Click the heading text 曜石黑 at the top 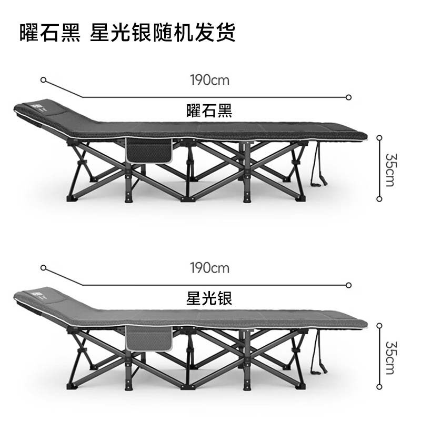[50, 33]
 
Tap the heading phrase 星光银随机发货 [163, 33]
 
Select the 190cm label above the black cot [209, 80]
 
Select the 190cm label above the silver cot [209, 268]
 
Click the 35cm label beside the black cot [390, 170]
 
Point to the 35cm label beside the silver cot [390, 358]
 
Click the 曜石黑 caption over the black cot [209, 111]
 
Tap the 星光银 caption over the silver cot [209, 298]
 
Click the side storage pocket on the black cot [149, 151]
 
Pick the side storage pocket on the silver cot [149, 338]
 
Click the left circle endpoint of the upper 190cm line [43, 80]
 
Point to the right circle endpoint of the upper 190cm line [348, 97]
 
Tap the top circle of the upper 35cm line [379, 138]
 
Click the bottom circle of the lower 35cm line [379, 387]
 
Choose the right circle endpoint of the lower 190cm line [348, 285]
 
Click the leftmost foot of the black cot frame [72, 199]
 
